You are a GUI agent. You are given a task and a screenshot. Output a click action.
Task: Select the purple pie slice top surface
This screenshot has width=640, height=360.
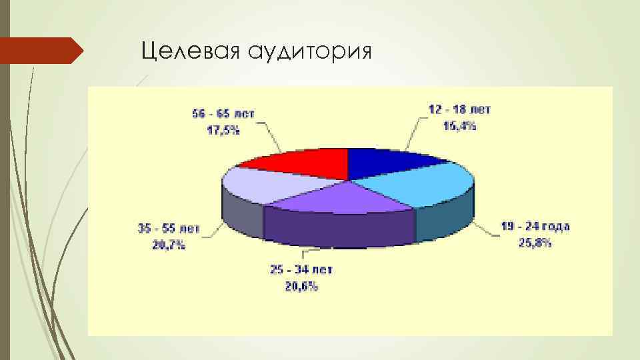coord(340,197)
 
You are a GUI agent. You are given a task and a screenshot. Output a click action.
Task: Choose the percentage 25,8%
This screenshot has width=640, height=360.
coord(535,243)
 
